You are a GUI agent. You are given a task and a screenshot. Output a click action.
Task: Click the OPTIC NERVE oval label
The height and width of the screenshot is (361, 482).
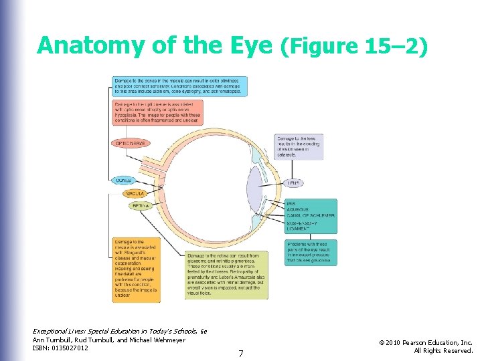point(130,143)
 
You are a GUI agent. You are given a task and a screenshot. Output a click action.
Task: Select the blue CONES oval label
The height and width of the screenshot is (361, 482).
point(124,180)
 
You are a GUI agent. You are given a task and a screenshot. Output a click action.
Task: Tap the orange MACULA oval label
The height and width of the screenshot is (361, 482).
point(133,193)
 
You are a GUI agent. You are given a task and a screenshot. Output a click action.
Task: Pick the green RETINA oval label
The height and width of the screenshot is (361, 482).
point(141,206)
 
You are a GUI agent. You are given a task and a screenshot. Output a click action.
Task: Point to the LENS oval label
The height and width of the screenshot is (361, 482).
point(293,183)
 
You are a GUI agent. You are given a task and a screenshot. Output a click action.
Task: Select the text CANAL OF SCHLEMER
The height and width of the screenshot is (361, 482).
point(310,215)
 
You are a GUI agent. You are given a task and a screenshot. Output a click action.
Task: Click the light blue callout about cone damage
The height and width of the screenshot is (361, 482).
point(179,86)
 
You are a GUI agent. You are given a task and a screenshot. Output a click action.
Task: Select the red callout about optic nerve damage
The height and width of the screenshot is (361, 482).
point(157,114)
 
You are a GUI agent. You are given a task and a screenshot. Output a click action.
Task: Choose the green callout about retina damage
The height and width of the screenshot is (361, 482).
point(226,273)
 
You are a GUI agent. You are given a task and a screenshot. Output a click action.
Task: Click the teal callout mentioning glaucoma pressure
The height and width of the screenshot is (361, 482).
point(310,253)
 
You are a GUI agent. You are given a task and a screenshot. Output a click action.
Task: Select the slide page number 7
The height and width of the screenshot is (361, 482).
point(241,352)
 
